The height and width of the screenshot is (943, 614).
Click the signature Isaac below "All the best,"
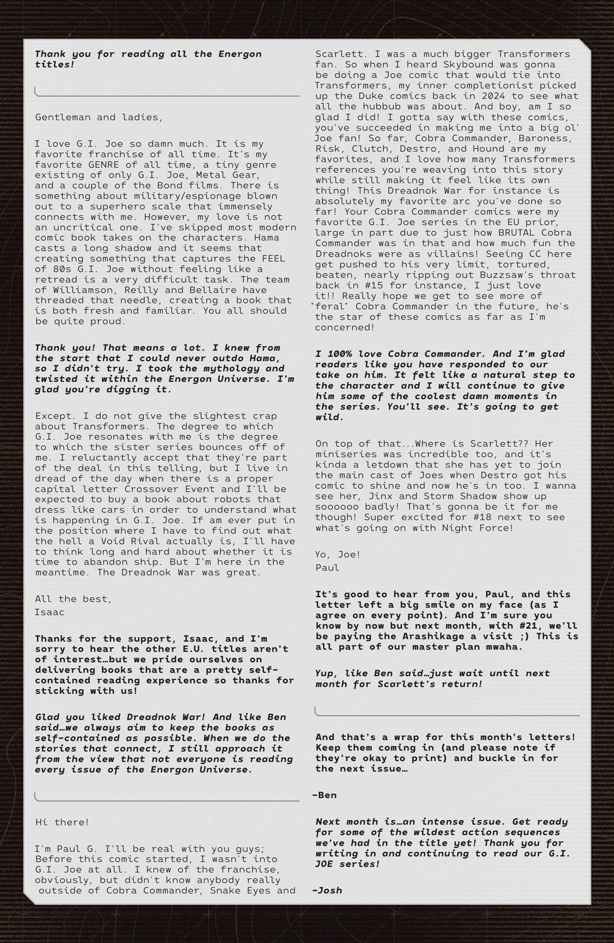pyautogui.click(x=50, y=612)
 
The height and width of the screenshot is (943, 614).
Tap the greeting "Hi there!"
pyautogui.click(x=62, y=822)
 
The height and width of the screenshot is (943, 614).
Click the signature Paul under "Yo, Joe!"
pyautogui.click(x=327, y=567)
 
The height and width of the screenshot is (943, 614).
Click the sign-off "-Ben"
pyautogui.click(x=325, y=795)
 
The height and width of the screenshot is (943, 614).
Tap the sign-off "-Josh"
pyautogui.click(x=328, y=890)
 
